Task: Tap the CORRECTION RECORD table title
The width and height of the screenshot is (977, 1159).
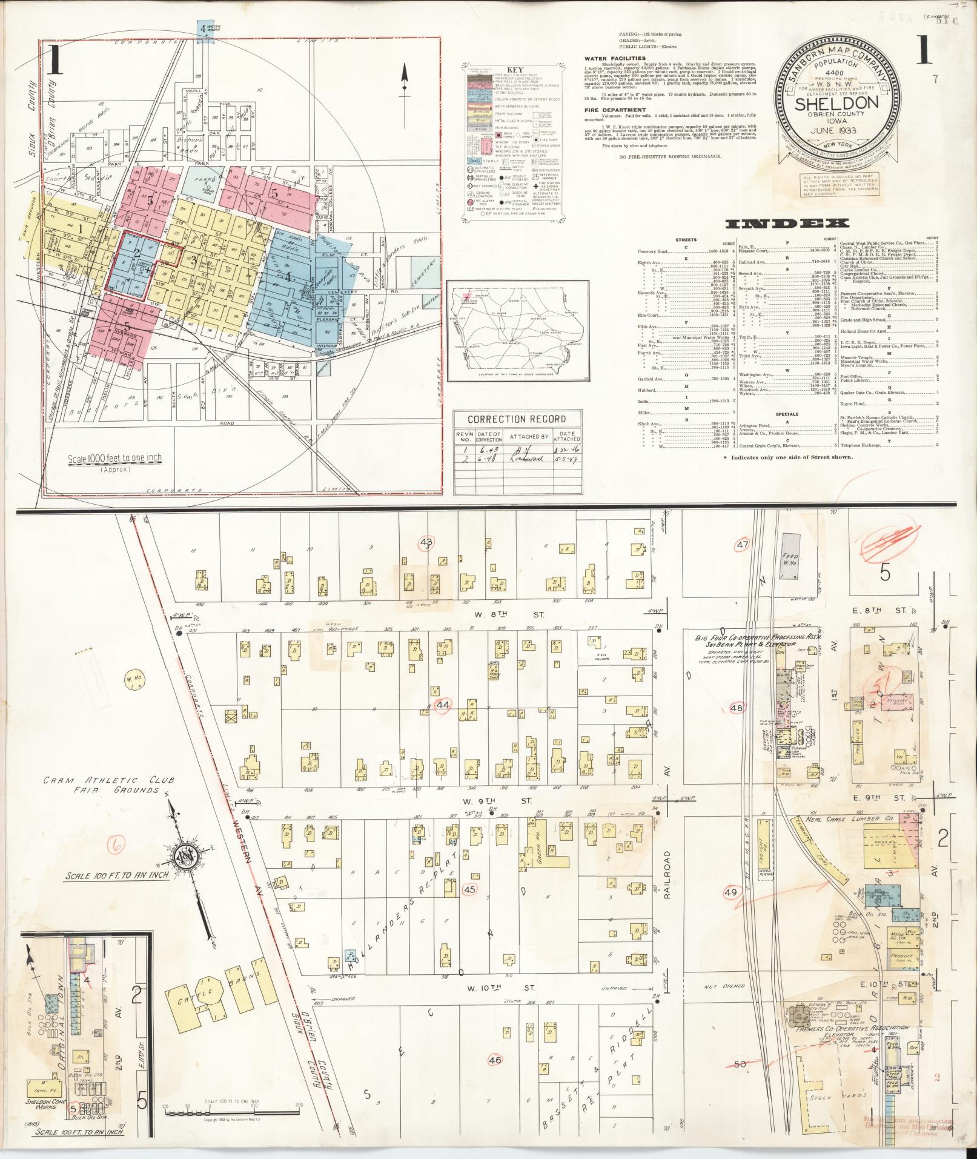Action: click(517, 419)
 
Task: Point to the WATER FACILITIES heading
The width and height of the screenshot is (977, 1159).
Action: click(615, 59)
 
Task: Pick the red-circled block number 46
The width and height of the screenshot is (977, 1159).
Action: click(495, 1060)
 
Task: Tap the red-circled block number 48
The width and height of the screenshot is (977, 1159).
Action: click(737, 708)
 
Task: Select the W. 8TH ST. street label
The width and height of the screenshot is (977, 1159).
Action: click(509, 615)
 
